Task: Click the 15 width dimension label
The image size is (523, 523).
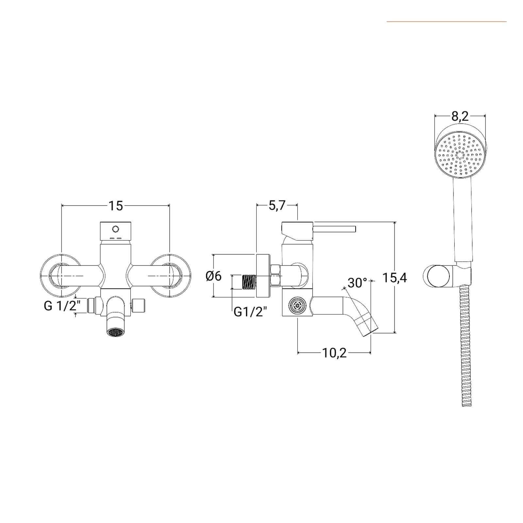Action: tap(116, 206)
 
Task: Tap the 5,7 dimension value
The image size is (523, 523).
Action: tap(277, 206)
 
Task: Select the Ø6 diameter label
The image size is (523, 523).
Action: tap(213, 276)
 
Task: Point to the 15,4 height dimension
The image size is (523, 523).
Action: tap(395, 278)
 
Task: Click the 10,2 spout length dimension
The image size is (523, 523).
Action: tap(334, 353)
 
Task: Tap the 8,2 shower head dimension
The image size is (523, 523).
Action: tap(460, 116)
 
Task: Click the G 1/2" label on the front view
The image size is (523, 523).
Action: tap(62, 306)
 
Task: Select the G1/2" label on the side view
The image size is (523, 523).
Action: tap(250, 312)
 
